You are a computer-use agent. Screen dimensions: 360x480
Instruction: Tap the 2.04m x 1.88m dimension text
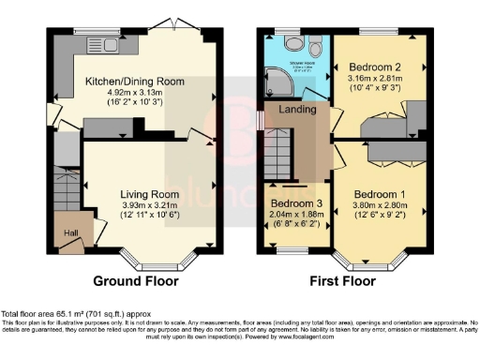pyautogui.click(x=296, y=214)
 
